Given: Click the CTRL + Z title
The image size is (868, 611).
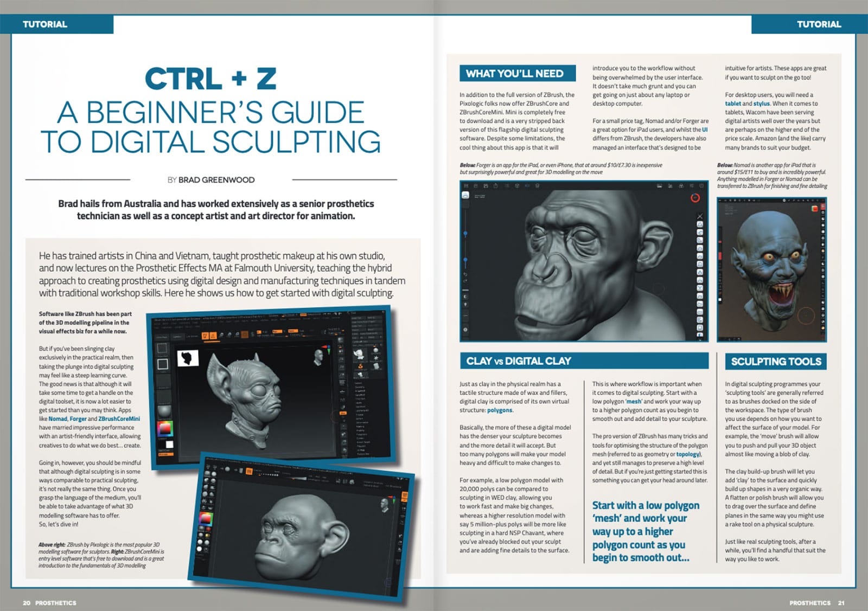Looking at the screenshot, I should (x=210, y=79).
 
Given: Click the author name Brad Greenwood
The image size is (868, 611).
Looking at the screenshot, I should (x=216, y=180).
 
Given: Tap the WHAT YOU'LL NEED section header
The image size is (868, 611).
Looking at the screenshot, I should (x=514, y=74).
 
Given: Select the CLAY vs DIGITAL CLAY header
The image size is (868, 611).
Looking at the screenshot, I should (x=518, y=361).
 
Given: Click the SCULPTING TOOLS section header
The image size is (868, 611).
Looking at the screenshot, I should (x=776, y=362).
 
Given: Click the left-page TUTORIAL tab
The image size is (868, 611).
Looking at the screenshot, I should (x=45, y=24).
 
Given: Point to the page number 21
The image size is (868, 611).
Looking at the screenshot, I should (x=841, y=603).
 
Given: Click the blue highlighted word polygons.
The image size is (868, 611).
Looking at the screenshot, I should (x=500, y=410).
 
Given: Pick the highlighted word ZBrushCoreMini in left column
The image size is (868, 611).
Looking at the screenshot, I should (x=119, y=419).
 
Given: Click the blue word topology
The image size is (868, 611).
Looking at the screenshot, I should (x=688, y=454).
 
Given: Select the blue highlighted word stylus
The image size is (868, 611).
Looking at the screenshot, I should (x=761, y=104).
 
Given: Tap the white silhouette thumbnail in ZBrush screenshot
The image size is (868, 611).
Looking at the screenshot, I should (x=188, y=358).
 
